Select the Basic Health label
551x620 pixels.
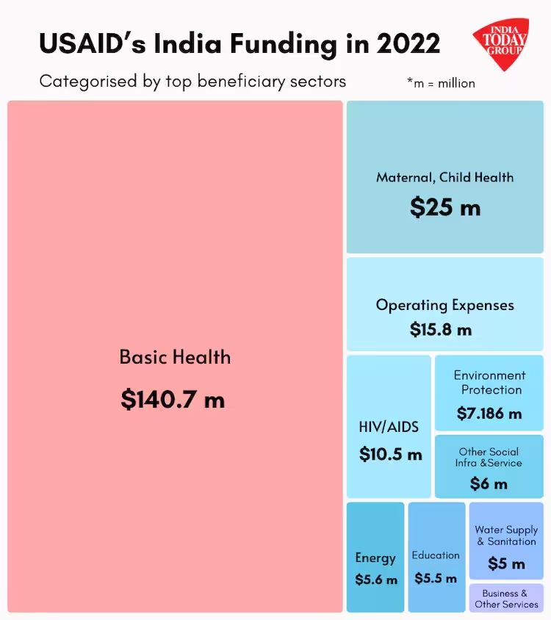click(x=175, y=358)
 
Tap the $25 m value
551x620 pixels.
click(x=445, y=207)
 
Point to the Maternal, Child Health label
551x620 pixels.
click(x=445, y=177)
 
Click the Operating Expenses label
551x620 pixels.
click(x=445, y=305)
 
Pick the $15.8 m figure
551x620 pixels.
click(x=441, y=329)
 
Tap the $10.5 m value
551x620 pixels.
click(x=391, y=454)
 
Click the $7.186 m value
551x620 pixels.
click(x=489, y=414)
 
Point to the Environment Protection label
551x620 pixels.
click(x=490, y=383)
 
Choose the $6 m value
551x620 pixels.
click(x=489, y=483)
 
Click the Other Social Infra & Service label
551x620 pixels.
click(x=489, y=458)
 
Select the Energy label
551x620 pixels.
click(x=375, y=558)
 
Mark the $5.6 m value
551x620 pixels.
click(x=376, y=580)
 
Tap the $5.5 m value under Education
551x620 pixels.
click(x=436, y=578)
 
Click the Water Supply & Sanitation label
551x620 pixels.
click(x=506, y=536)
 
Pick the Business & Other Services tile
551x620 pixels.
click(x=506, y=599)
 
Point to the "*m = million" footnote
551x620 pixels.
click(x=441, y=83)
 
